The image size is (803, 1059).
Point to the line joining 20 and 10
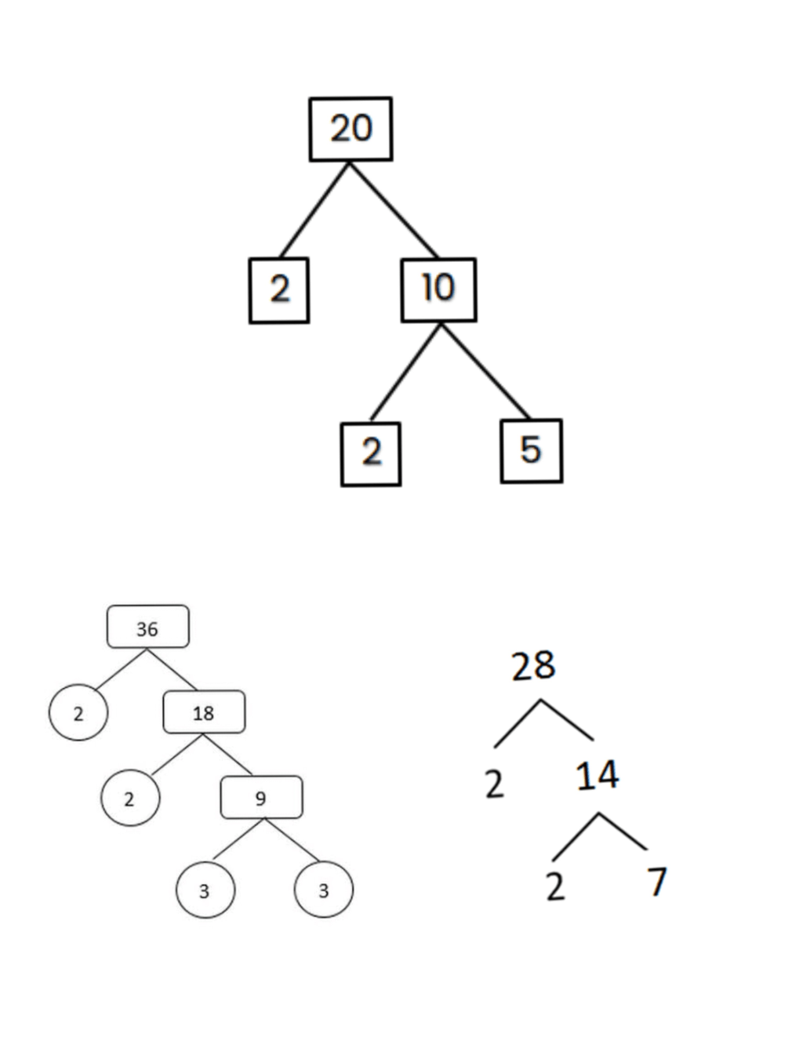click(x=394, y=210)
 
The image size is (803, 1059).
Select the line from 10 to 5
click(x=485, y=372)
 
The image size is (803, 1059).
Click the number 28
click(x=533, y=666)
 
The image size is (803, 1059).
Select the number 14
click(x=598, y=775)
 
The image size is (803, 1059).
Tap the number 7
click(x=657, y=882)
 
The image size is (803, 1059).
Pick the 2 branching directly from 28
click(x=494, y=784)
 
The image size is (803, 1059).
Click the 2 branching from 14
click(x=555, y=886)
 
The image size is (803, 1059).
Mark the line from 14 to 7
click(x=623, y=831)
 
